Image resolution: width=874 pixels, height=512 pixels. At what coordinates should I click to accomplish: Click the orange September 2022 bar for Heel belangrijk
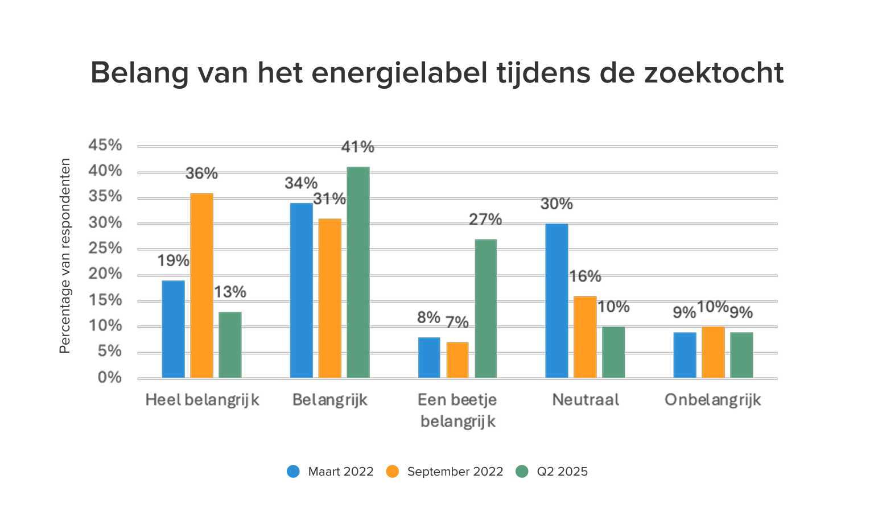201,286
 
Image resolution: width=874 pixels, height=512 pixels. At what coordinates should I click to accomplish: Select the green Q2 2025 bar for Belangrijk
358,272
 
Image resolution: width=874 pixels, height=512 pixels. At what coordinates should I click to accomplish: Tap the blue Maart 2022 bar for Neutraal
556,301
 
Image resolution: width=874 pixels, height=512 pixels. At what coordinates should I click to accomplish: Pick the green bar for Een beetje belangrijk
485,308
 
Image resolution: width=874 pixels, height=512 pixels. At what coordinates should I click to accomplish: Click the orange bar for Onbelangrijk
713,352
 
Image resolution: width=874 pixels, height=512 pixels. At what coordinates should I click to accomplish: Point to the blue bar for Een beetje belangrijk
429,358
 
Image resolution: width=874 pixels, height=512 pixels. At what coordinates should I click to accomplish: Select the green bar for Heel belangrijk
230,345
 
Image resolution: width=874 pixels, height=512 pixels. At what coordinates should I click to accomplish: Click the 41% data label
357,147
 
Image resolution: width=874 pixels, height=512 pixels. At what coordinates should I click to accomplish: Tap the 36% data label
201,174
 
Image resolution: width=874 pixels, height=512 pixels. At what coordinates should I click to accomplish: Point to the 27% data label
485,220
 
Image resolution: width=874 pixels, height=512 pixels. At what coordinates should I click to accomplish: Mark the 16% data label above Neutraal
585,276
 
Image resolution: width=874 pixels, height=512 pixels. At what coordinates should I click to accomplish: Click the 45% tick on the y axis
105,146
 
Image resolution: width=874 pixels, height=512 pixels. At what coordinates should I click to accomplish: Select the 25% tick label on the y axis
105,249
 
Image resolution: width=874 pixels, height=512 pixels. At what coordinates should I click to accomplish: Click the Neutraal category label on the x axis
585,400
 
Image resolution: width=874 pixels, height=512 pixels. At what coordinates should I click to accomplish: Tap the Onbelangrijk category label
712,400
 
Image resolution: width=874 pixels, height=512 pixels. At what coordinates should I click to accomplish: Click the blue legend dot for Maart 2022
294,472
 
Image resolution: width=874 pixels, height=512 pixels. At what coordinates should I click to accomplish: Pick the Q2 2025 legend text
562,472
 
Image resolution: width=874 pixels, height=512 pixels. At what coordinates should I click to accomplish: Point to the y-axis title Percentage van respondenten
65,256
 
